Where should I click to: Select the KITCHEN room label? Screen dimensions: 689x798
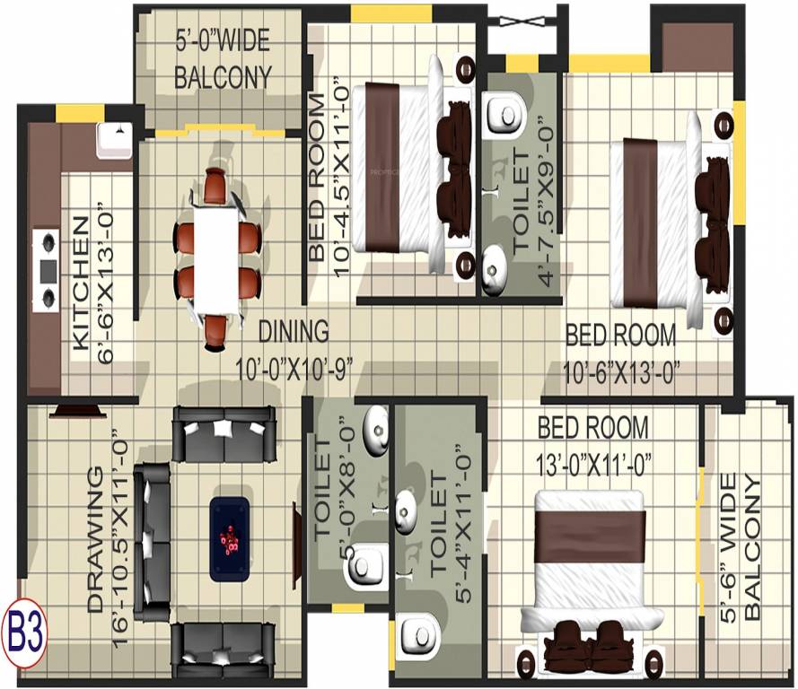[81, 283]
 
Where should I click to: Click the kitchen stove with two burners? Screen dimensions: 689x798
[46, 269]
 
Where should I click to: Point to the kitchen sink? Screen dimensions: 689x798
[113, 138]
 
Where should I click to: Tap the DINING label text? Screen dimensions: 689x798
[293, 331]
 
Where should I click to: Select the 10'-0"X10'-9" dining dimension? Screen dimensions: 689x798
[292, 369]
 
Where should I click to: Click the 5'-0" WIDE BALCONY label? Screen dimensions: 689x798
[222, 59]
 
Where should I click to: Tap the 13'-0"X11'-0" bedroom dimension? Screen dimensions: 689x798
[594, 464]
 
